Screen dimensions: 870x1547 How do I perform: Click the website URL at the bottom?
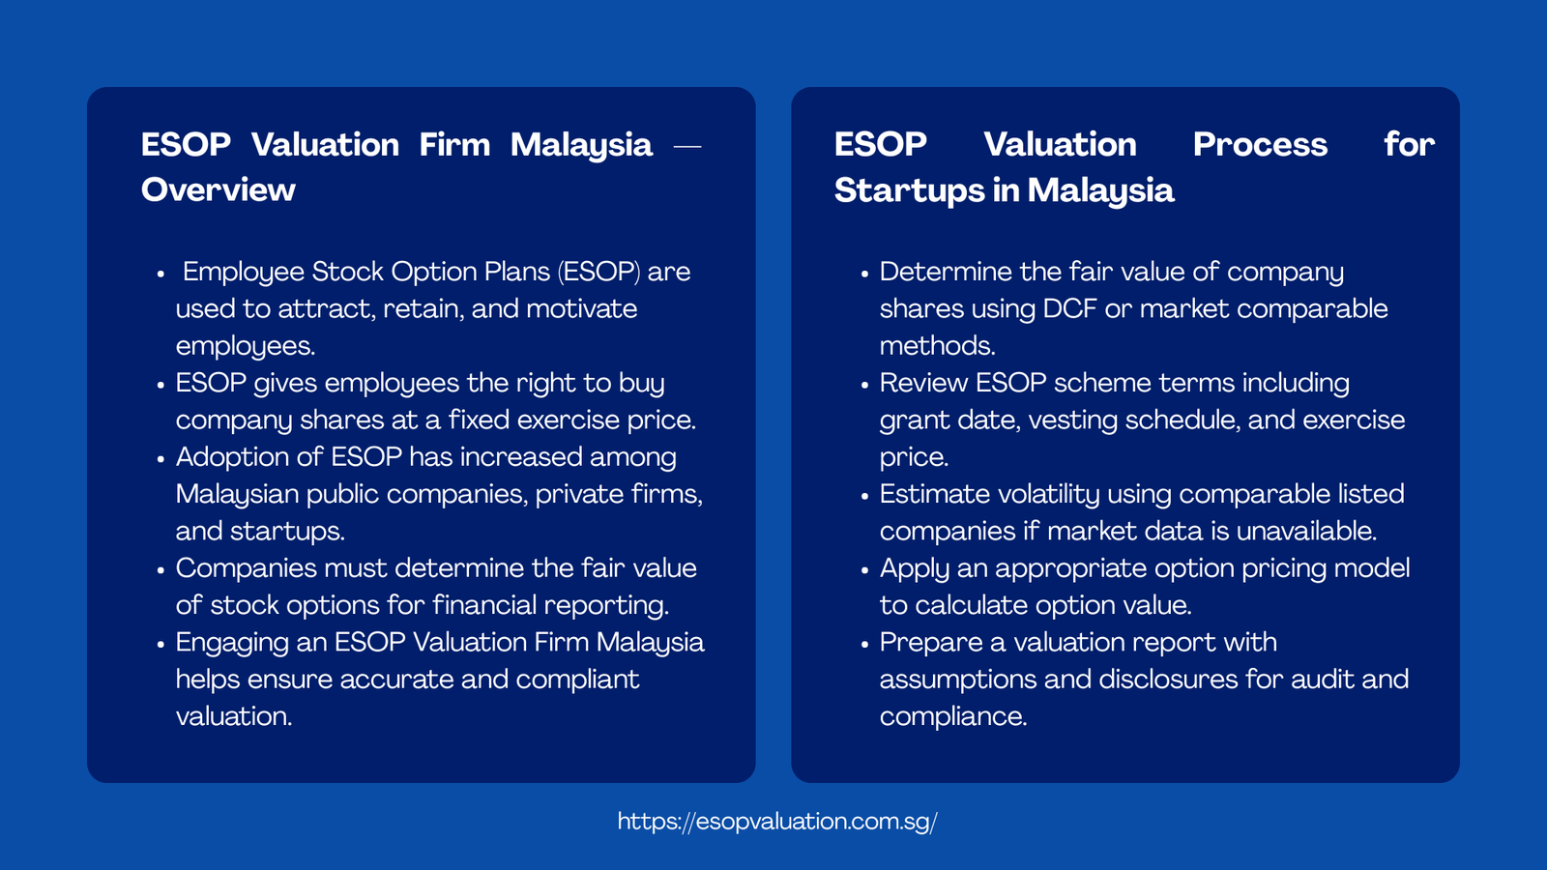776,822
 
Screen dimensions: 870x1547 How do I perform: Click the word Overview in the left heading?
219,190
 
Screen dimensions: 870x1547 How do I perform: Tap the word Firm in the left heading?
454,145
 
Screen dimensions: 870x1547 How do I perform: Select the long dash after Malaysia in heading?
686,146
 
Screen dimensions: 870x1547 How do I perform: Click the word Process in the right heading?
1259,145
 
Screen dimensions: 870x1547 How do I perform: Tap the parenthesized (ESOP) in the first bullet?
598,272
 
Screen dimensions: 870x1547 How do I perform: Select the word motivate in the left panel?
581,309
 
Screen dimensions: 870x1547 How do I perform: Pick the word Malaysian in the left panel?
237,495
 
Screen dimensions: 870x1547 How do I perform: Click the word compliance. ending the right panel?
952,716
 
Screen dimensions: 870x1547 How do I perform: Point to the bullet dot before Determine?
865,275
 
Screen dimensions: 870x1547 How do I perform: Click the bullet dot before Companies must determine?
161,570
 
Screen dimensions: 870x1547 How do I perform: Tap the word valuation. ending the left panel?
233,716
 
